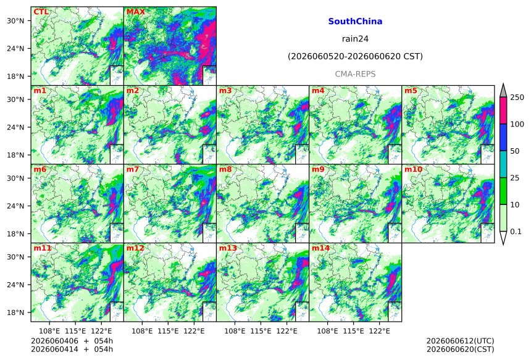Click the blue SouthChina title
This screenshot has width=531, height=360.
coord(355,22)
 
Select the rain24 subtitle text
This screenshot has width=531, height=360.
coord(355,39)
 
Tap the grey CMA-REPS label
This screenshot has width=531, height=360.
coord(355,74)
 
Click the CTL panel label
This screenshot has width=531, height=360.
coord(41,12)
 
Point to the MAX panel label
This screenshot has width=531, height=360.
coord(135,12)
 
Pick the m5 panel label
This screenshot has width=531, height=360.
coord(411,91)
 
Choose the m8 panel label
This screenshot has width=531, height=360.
coord(225,169)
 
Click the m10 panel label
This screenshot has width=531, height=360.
coord(413,169)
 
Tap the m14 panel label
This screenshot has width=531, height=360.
coord(320,248)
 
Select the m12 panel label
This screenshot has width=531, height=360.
coord(135,248)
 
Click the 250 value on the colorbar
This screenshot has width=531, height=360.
coord(517,98)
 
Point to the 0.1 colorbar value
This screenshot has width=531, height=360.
coord(516,232)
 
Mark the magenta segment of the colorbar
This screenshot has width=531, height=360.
coord(504,111)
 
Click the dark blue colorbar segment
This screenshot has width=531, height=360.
coord(504,137)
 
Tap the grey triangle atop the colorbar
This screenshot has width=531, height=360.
coord(504,91)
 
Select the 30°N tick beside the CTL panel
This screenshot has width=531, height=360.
coord(15,20)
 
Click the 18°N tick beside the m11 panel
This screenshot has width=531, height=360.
coord(15,312)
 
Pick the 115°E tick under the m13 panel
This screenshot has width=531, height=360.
coord(261,331)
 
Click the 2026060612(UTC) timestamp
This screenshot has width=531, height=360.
coord(460,341)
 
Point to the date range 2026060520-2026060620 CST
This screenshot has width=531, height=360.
coord(355,56)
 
